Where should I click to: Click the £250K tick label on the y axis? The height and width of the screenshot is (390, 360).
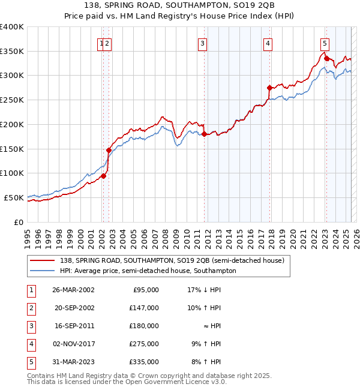tap(12, 100)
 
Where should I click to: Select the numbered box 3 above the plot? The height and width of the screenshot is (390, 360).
tap(203, 43)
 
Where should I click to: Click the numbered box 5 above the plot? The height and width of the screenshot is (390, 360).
tap(325, 43)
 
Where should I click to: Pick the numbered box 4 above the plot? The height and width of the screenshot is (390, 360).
tap(268, 43)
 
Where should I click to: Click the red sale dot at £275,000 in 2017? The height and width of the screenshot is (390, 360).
tap(269, 88)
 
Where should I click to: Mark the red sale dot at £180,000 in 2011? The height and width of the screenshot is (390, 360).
tap(204, 134)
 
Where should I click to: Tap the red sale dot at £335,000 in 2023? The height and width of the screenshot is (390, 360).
tap(326, 58)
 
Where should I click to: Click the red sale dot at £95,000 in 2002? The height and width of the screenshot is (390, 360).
tap(103, 176)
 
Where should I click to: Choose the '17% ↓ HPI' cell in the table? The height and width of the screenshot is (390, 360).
tap(205, 290)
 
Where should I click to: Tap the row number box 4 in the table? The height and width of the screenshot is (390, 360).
tap(31, 344)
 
